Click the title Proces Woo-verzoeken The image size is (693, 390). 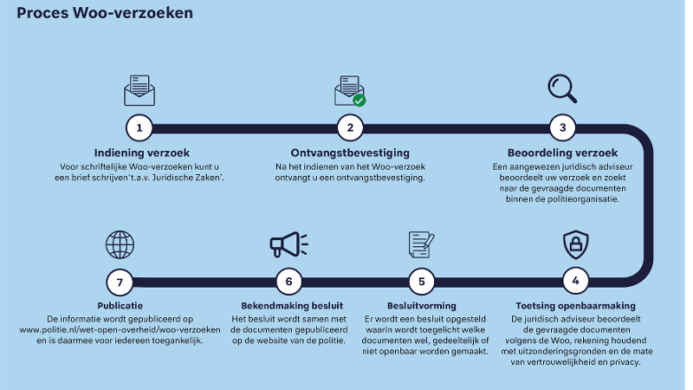(105, 14)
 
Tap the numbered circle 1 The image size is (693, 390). (139, 128)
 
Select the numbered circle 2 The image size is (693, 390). (350, 128)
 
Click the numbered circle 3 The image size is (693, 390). (562, 128)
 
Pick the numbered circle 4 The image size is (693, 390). (575, 281)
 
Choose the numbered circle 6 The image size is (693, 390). (288, 281)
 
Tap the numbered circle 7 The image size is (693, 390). (120, 281)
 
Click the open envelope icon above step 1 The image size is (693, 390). (139, 89)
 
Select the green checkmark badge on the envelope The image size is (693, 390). (359, 100)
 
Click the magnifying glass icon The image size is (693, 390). (561, 88)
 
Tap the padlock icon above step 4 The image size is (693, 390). (575, 244)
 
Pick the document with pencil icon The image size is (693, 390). (421, 244)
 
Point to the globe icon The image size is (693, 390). (120, 244)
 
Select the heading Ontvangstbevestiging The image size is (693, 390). (350, 153)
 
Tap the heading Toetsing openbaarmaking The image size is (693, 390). (575, 306)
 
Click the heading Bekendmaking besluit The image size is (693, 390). (292, 306)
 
